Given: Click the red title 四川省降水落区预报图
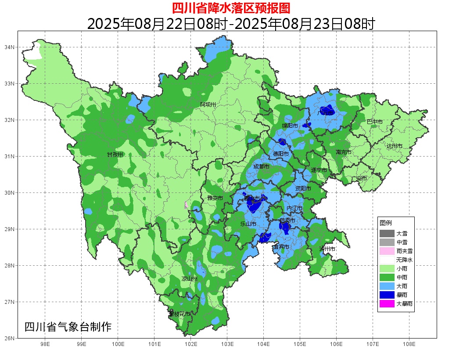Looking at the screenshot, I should [x=231, y=8].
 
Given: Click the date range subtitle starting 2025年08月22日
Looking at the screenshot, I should [x=231, y=24].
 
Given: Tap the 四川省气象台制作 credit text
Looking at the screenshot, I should [x=68, y=327].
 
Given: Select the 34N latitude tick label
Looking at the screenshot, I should [x=10, y=47].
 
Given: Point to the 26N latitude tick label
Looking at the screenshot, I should [x=10, y=338].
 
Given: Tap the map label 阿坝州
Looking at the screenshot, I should [x=208, y=104].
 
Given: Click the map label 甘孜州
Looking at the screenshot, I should [x=115, y=155].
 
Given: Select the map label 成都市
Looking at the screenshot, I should [x=262, y=167].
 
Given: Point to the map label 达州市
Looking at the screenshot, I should [x=395, y=146].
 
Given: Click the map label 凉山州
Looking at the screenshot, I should [x=190, y=279].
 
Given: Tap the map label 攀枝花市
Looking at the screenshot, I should [x=179, y=314].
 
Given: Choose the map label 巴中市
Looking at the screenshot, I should [x=374, y=121].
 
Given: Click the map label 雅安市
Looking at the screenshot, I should [x=215, y=198].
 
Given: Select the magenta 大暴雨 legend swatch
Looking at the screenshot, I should [x=387, y=303].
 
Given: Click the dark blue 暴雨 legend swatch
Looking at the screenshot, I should [x=387, y=295].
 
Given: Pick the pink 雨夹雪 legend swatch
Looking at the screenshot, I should [x=387, y=251].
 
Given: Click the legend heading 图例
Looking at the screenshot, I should [x=386, y=223].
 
